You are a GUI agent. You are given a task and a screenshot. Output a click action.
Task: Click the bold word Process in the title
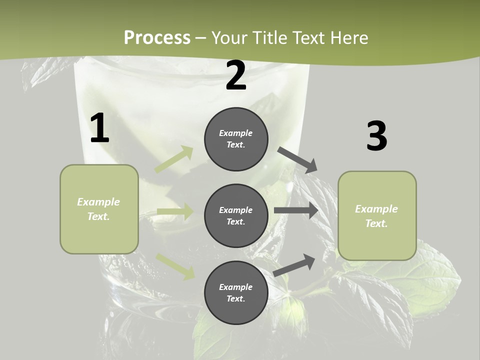pyautogui.click(x=157, y=38)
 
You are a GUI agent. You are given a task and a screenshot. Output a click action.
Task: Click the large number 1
pyautogui.click(x=99, y=128)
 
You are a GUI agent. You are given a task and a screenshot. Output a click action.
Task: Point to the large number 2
pyautogui.click(x=236, y=75)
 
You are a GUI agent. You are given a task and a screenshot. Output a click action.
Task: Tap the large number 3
pyautogui.click(x=376, y=136)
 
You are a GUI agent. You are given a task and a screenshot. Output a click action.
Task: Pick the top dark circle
pyautogui.click(x=236, y=139)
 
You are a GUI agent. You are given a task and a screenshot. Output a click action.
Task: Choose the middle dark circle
pyautogui.click(x=236, y=215)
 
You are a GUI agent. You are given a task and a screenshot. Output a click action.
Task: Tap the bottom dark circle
pyautogui.click(x=236, y=292)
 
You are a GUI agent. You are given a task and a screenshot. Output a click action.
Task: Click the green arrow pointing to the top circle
pyautogui.click(x=174, y=159)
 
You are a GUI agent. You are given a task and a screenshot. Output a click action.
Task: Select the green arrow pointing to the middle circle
pyautogui.click(x=175, y=211)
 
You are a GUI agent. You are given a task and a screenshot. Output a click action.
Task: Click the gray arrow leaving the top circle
pyautogui.click(x=297, y=159)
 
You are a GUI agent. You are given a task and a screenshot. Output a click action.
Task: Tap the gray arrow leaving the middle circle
pyautogui.click(x=296, y=210)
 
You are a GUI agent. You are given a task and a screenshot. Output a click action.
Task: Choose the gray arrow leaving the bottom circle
pyautogui.click(x=294, y=265)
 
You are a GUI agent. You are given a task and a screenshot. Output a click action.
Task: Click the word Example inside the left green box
pyautogui.click(x=98, y=202)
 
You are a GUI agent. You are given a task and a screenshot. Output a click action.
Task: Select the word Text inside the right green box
pyautogui.click(x=376, y=223)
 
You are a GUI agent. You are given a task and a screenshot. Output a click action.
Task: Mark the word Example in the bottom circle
pyautogui.click(x=236, y=287)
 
